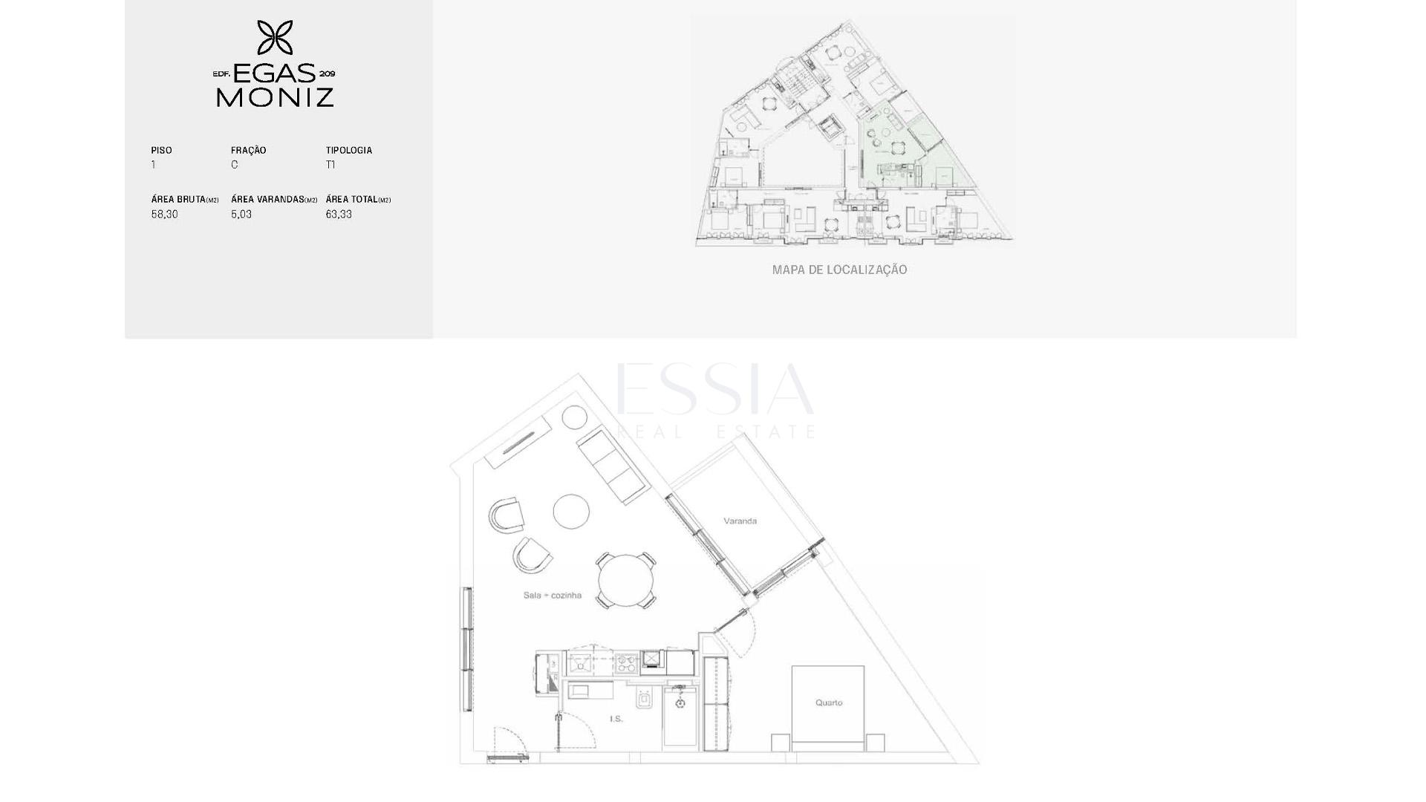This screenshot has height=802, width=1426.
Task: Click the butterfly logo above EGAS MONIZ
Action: click(x=275, y=38)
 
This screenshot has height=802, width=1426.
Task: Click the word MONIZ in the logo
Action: click(x=275, y=97)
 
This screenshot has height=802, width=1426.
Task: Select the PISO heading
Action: click(x=161, y=150)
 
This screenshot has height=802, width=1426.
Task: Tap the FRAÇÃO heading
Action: click(x=248, y=150)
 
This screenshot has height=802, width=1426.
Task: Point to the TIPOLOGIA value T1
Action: click(x=331, y=165)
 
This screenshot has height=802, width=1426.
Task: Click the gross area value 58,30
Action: click(x=164, y=215)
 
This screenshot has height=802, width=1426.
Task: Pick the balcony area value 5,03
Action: click(x=241, y=215)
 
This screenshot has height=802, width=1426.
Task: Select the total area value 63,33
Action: click(x=339, y=215)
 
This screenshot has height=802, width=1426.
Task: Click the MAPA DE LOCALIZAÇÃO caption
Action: click(x=839, y=270)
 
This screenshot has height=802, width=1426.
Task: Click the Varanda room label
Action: click(x=740, y=521)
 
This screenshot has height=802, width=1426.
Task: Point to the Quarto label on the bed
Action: click(x=829, y=702)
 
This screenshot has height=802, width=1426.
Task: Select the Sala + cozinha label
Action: click(x=552, y=595)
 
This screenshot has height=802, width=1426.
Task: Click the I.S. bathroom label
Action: click(x=616, y=719)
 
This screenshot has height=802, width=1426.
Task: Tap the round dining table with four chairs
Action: click(x=627, y=581)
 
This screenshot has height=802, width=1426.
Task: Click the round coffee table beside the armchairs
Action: click(x=571, y=512)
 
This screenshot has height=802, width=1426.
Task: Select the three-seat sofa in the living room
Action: click(x=614, y=466)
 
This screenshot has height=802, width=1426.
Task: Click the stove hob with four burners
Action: click(x=626, y=662)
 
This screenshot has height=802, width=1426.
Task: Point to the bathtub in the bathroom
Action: click(x=680, y=716)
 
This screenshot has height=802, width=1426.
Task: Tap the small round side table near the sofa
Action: click(x=574, y=417)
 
